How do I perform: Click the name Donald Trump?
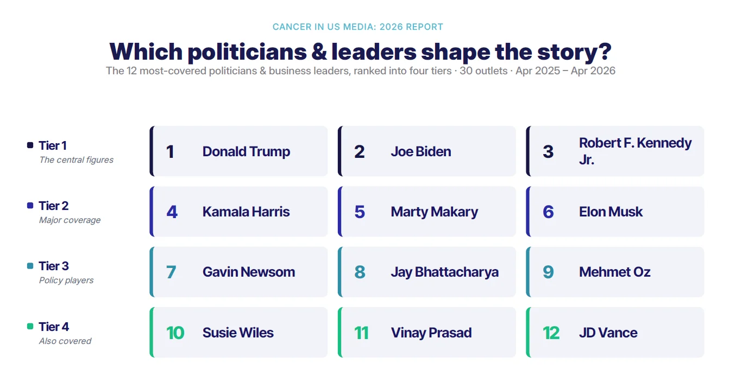pyautogui.click(x=246, y=151)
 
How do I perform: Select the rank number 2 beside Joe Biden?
pyautogui.click(x=359, y=152)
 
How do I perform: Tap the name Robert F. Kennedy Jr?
pyautogui.click(x=635, y=151)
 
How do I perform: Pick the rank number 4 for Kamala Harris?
pyautogui.click(x=172, y=212)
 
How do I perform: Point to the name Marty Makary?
pyautogui.click(x=435, y=212)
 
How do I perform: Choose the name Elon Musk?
pyautogui.click(x=611, y=212)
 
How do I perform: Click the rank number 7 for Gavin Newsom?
pyautogui.click(x=171, y=272)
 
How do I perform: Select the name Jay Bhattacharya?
pyautogui.click(x=444, y=272)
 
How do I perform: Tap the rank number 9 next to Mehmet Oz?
pyautogui.click(x=548, y=272)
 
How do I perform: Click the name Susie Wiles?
pyautogui.click(x=238, y=333)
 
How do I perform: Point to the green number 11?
pyautogui.click(x=361, y=333)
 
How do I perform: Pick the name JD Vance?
pyautogui.click(x=608, y=333)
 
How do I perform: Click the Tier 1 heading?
pyautogui.click(x=53, y=145)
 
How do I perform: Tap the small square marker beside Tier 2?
pyautogui.click(x=30, y=206)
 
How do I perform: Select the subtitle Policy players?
pyautogui.click(x=66, y=280)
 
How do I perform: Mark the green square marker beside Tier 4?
pyautogui.click(x=30, y=326)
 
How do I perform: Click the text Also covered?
pyautogui.click(x=65, y=341)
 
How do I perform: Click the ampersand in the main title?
pyautogui.click(x=319, y=52)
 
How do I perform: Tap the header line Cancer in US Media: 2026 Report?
pyautogui.click(x=358, y=27)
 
